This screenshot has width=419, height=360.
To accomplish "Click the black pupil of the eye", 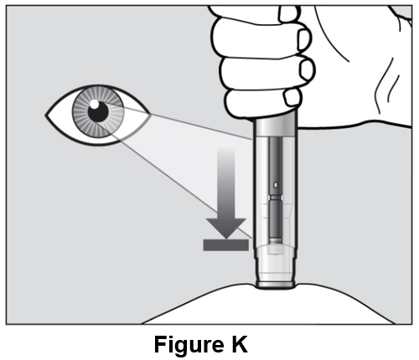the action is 98,111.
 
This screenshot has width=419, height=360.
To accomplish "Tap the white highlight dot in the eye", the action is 94,105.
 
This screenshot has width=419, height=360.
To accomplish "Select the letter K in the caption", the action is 239,344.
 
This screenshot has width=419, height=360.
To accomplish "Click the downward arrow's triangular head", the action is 226,228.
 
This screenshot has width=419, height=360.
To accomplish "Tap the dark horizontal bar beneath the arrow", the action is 225,245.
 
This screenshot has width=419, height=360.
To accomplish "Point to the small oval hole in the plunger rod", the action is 276,184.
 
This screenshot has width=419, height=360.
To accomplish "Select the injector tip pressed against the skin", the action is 276,285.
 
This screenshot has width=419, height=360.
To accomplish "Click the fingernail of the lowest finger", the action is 292,97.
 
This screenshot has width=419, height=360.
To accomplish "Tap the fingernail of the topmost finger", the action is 290,14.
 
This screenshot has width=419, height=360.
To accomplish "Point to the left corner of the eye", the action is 46,115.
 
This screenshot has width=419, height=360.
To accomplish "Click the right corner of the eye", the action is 150,114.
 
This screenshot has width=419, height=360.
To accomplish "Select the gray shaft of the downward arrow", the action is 226,182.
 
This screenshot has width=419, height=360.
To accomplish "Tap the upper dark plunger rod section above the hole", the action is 276,158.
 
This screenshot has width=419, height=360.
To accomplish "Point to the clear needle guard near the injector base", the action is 276,262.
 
